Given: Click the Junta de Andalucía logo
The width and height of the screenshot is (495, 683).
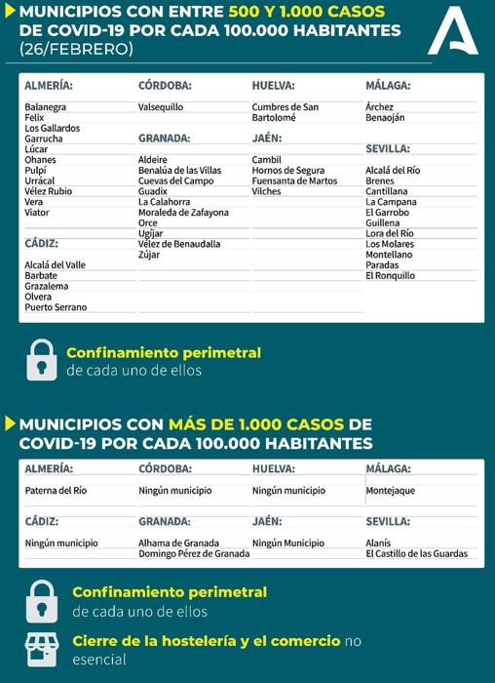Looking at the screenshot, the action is pyautogui.click(x=454, y=31).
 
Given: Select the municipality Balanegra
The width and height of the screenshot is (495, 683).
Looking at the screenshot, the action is pyautogui.click(x=46, y=106).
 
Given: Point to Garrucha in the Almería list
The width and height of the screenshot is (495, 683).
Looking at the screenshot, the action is pyautogui.click(x=44, y=139).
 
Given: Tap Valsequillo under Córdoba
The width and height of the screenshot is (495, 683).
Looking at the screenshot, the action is pyautogui.click(x=161, y=106).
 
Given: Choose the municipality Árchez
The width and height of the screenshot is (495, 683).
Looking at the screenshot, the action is pyautogui.click(x=380, y=106).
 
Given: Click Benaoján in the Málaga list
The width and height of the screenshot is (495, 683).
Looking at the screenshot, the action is pyautogui.click(x=385, y=117).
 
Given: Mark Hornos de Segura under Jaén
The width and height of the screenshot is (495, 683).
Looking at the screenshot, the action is pyautogui.click(x=288, y=170).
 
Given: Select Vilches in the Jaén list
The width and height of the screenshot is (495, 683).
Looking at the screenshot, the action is pyautogui.click(x=266, y=191).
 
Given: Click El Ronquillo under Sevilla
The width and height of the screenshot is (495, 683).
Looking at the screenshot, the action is pyautogui.click(x=390, y=275).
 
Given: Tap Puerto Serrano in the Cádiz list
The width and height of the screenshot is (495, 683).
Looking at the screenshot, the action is pyautogui.click(x=56, y=307).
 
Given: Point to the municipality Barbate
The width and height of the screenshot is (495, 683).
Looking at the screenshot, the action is pyautogui.click(x=41, y=275).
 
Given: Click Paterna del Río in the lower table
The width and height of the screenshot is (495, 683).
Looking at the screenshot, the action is pyautogui.click(x=56, y=491).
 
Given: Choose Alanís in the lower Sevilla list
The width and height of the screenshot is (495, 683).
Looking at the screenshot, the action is pyautogui.click(x=378, y=542).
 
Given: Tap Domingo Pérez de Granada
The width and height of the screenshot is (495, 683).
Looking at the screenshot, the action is pyautogui.click(x=194, y=553).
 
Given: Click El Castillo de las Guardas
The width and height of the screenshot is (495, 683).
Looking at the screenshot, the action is pyautogui.click(x=416, y=553).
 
